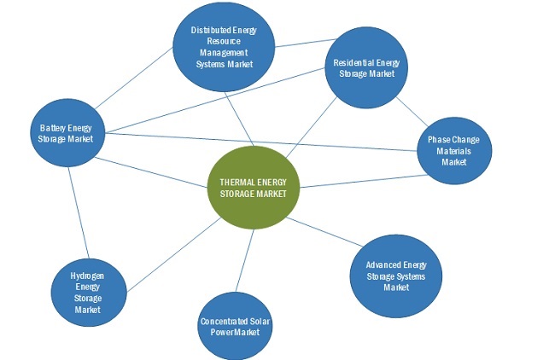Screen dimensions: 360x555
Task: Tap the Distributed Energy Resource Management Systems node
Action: point(225,46)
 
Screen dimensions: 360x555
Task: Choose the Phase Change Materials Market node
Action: point(454,150)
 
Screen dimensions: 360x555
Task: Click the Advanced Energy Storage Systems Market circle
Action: point(396,276)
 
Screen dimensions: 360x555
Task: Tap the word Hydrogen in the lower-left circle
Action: point(87,276)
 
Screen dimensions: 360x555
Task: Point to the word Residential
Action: point(354,62)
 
